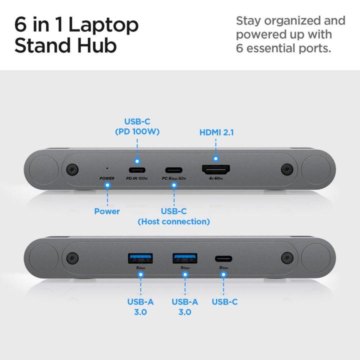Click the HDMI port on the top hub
point(215,169)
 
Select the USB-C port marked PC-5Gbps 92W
point(173,169)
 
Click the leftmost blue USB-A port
point(140,258)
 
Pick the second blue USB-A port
point(184,258)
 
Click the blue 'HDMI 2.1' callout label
point(216,132)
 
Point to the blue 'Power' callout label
point(107,211)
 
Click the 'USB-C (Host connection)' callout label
point(173,216)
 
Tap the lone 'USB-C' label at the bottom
point(224,301)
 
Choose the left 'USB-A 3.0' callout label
point(140,306)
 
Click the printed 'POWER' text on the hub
point(107,178)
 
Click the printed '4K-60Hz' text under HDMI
point(215,178)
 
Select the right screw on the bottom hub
point(286,258)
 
